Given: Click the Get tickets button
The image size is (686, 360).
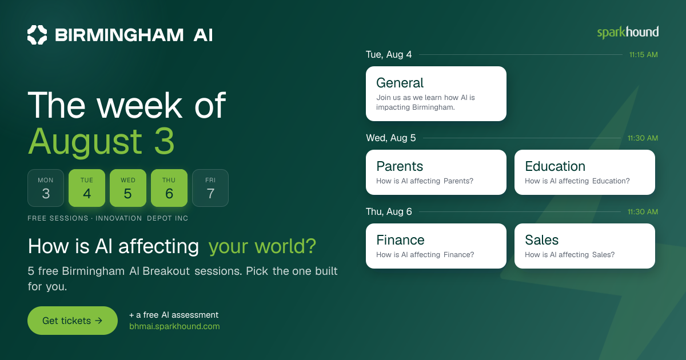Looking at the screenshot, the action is click(73, 321).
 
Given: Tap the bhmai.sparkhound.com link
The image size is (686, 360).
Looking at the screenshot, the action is click(174, 326).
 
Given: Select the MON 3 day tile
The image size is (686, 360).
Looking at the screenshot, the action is click(46, 188).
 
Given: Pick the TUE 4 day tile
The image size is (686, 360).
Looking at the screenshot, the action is click(87, 188).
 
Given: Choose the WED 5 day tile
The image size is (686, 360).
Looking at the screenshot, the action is click(128, 188).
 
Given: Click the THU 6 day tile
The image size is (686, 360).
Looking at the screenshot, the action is click(169, 188).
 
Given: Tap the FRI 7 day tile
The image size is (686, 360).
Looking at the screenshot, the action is click(210, 188).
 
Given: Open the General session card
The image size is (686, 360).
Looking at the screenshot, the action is click(436, 94).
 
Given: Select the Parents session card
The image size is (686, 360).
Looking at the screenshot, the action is click(436, 173).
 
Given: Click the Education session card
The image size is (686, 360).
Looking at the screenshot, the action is click(585, 173).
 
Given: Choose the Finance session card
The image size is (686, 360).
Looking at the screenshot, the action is click(436, 246).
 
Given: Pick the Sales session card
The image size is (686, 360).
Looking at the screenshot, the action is click(585, 246).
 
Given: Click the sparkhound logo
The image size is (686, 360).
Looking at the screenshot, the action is click(628, 33).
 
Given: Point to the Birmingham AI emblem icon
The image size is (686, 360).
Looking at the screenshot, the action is click(37, 35).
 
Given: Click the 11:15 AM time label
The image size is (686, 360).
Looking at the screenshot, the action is click(644, 55).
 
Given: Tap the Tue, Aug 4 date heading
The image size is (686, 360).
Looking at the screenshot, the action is click(389, 54).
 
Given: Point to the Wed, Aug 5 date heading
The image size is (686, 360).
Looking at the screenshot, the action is click(391, 138).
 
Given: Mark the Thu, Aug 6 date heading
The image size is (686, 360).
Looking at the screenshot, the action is click(389, 211).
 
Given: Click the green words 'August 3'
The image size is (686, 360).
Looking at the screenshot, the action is click(101, 142).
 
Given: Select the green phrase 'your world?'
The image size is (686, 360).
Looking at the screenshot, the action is click(262, 246).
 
